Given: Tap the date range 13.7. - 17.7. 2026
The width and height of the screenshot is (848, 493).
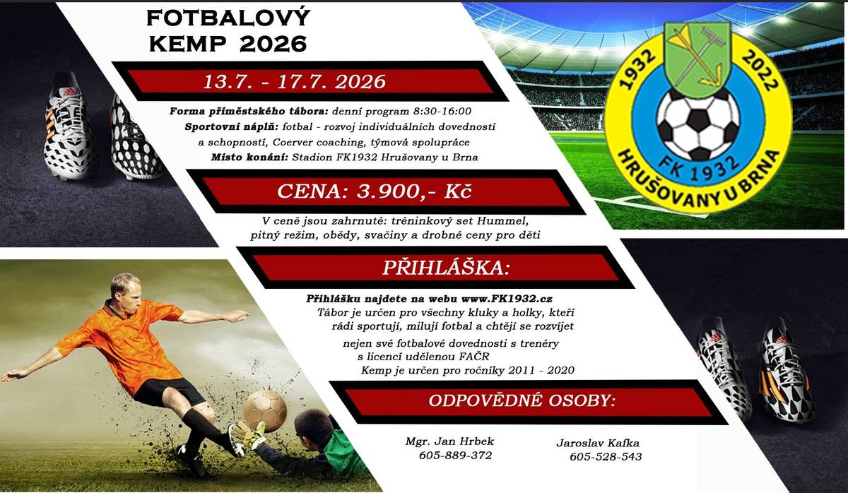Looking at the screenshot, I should (295, 81).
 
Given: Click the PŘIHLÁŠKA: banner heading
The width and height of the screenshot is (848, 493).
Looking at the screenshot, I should (435, 268).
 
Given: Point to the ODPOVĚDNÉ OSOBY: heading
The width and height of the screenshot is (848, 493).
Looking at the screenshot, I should (522, 400).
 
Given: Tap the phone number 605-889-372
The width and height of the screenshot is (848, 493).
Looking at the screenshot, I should (455, 456).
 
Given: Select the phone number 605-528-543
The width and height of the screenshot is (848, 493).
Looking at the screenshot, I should (606, 457).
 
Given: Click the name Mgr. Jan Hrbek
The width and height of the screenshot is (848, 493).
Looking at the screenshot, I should (449, 441).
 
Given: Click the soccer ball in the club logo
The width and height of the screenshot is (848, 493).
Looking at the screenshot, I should (698, 123).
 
